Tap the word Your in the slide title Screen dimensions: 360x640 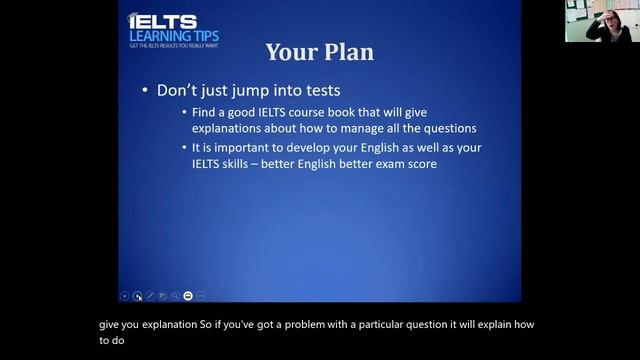(291, 51)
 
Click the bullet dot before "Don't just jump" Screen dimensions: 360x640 (147, 90)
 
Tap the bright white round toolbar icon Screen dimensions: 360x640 (187, 296)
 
